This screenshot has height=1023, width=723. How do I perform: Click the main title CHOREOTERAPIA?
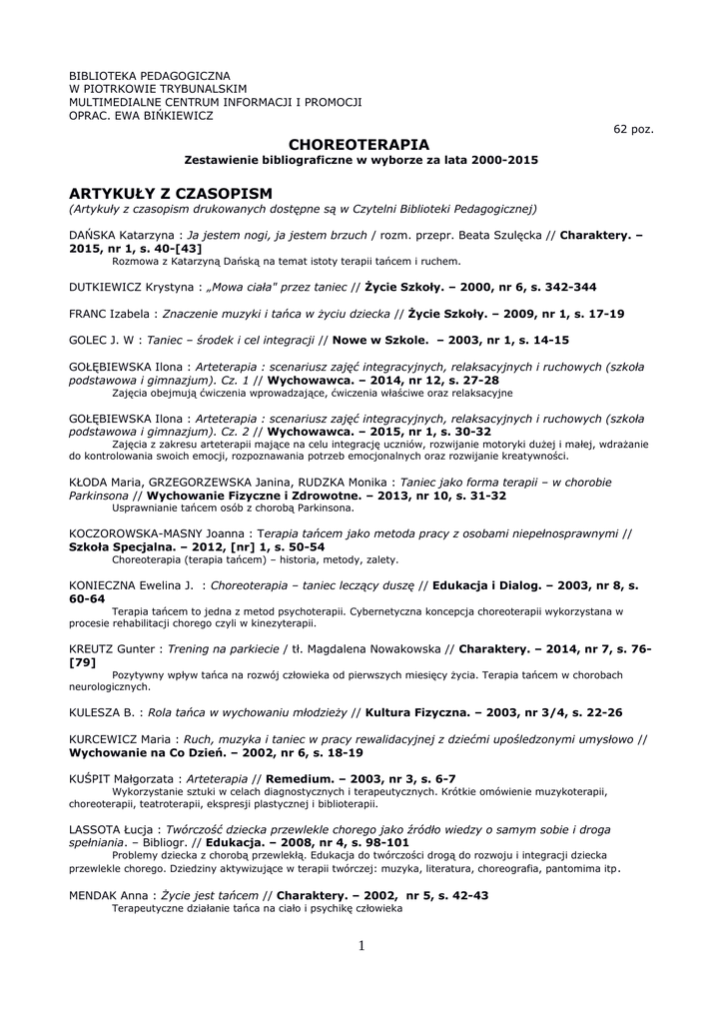(x=359, y=145)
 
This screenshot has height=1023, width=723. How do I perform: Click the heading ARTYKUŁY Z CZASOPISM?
(x=171, y=192)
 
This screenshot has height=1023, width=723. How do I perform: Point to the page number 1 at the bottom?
(x=361, y=945)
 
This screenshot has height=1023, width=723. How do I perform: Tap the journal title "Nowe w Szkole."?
(x=381, y=340)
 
